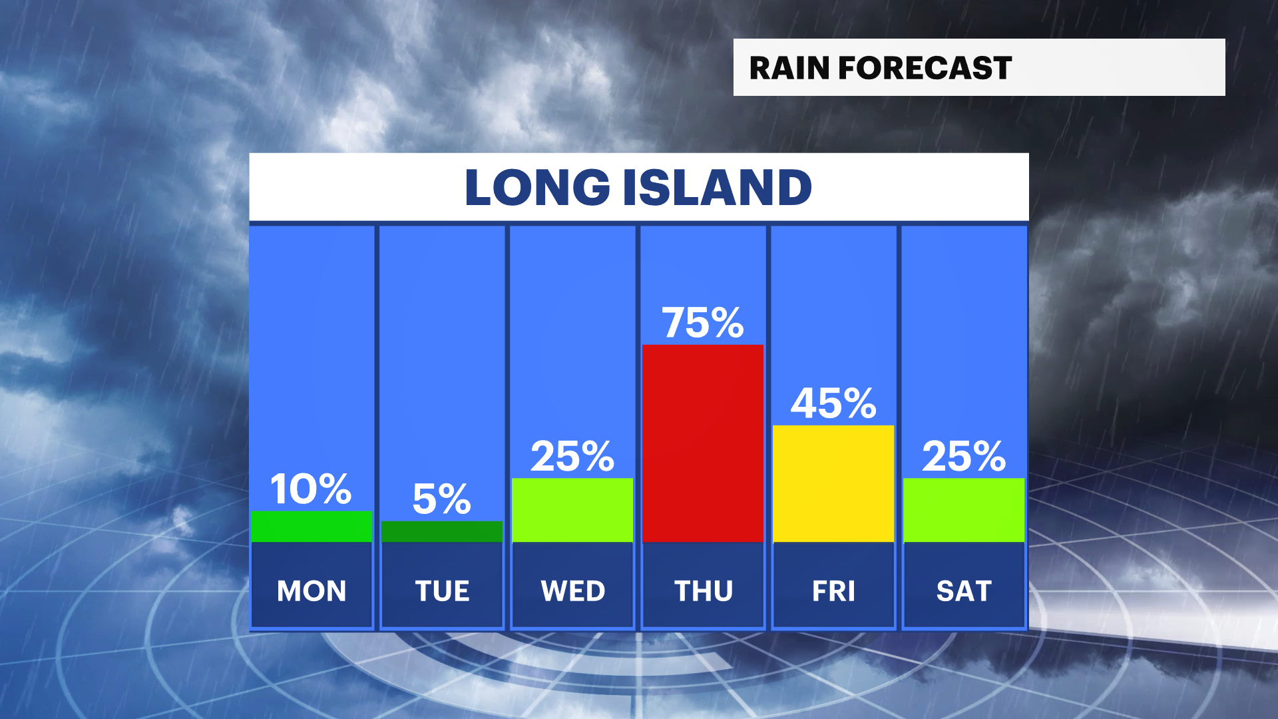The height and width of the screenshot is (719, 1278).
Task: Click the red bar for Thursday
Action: (703, 443)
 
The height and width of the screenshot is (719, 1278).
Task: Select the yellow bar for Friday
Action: (833, 483)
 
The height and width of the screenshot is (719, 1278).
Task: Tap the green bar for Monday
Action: (312, 526)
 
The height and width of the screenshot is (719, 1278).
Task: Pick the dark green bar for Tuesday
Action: (442, 531)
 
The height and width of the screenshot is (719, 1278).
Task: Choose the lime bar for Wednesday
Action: (572, 510)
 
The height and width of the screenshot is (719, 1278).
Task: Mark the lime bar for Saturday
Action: (964, 510)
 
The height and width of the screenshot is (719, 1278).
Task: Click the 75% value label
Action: (703, 323)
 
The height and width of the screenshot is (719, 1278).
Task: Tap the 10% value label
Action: (311, 489)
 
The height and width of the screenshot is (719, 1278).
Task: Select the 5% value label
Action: (442, 499)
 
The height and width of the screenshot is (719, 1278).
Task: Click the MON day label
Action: (312, 591)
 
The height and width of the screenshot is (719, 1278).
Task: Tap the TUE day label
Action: (442, 591)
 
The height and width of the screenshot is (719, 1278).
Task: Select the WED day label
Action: (572, 591)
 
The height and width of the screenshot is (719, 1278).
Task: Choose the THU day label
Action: (703, 591)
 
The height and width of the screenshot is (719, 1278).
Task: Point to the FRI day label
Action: (833, 591)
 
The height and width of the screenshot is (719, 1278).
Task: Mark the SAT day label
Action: (964, 591)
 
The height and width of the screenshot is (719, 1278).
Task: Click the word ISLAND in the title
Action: (718, 187)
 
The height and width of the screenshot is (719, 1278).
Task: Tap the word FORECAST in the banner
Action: (925, 68)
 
